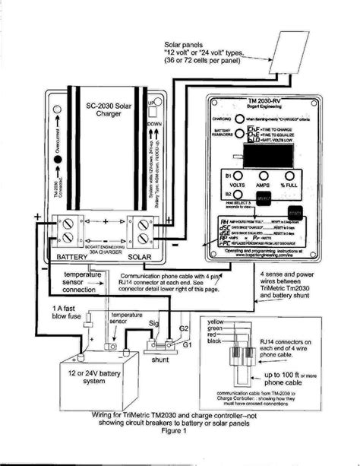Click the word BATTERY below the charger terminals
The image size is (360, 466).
coord(74,258)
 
